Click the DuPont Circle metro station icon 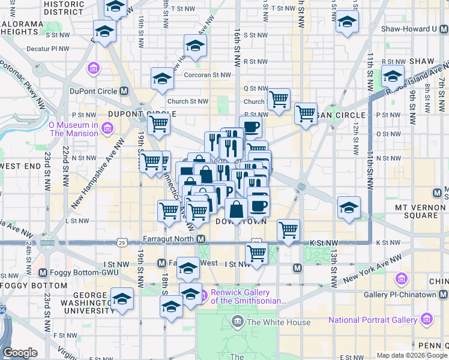tap(124, 91)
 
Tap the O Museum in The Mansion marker tap(107, 128)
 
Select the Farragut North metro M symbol tap(201, 239)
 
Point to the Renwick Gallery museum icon tap(203, 295)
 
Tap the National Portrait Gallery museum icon tap(427, 319)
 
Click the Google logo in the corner tap(20, 353)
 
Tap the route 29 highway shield tap(122, 243)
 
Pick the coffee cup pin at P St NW tap(251, 126)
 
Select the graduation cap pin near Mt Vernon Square tap(349, 207)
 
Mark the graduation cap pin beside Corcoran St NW tap(162, 79)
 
